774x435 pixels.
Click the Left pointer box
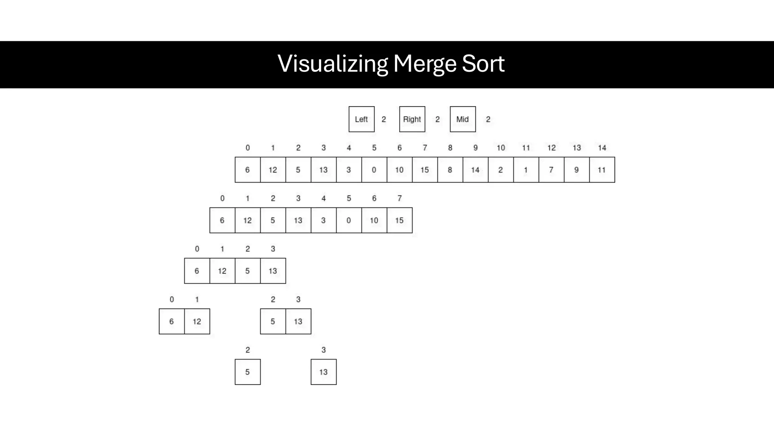pos(361,119)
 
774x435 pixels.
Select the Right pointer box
pos(412,119)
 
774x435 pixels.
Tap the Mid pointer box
pos(463,119)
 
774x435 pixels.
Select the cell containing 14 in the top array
pos(475,170)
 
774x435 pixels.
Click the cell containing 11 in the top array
pos(602,170)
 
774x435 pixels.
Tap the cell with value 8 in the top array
pos(450,170)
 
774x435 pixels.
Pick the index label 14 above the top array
pos(602,148)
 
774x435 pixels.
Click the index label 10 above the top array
pos(500,148)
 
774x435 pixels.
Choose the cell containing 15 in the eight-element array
pos(399,221)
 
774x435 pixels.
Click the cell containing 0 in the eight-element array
pos(348,221)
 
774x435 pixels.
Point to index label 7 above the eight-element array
pos(399,199)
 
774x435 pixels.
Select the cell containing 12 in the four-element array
pos(222,271)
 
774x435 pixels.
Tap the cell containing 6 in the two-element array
pos(172,322)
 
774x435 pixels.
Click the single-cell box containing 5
pos(248,372)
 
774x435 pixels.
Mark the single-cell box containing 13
pos(324,372)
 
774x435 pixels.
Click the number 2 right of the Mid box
pos(488,119)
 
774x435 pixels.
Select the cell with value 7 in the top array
pos(551,170)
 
